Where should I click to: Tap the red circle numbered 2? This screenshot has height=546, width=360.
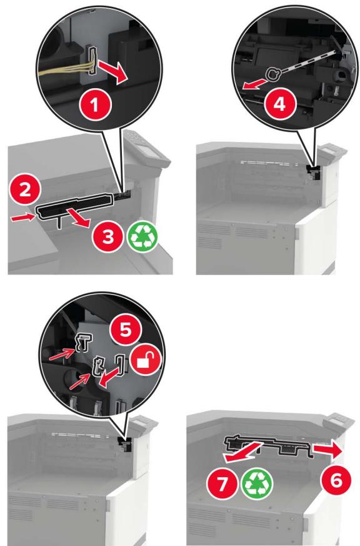[x=25, y=190]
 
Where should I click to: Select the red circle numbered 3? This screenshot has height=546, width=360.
[x=108, y=237]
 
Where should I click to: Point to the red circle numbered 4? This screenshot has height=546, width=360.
[x=279, y=104]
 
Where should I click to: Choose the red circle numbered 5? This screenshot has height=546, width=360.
[x=126, y=330]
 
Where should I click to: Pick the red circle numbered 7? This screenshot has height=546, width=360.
[x=222, y=483]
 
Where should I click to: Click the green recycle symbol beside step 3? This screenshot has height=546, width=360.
[x=142, y=238]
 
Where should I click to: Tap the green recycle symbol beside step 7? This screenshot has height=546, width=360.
[x=257, y=483]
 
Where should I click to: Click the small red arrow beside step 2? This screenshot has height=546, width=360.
[x=23, y=218]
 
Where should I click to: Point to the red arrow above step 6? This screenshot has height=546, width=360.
[x=327, y=450]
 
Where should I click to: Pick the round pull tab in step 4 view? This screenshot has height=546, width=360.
[x=273, y=73]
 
